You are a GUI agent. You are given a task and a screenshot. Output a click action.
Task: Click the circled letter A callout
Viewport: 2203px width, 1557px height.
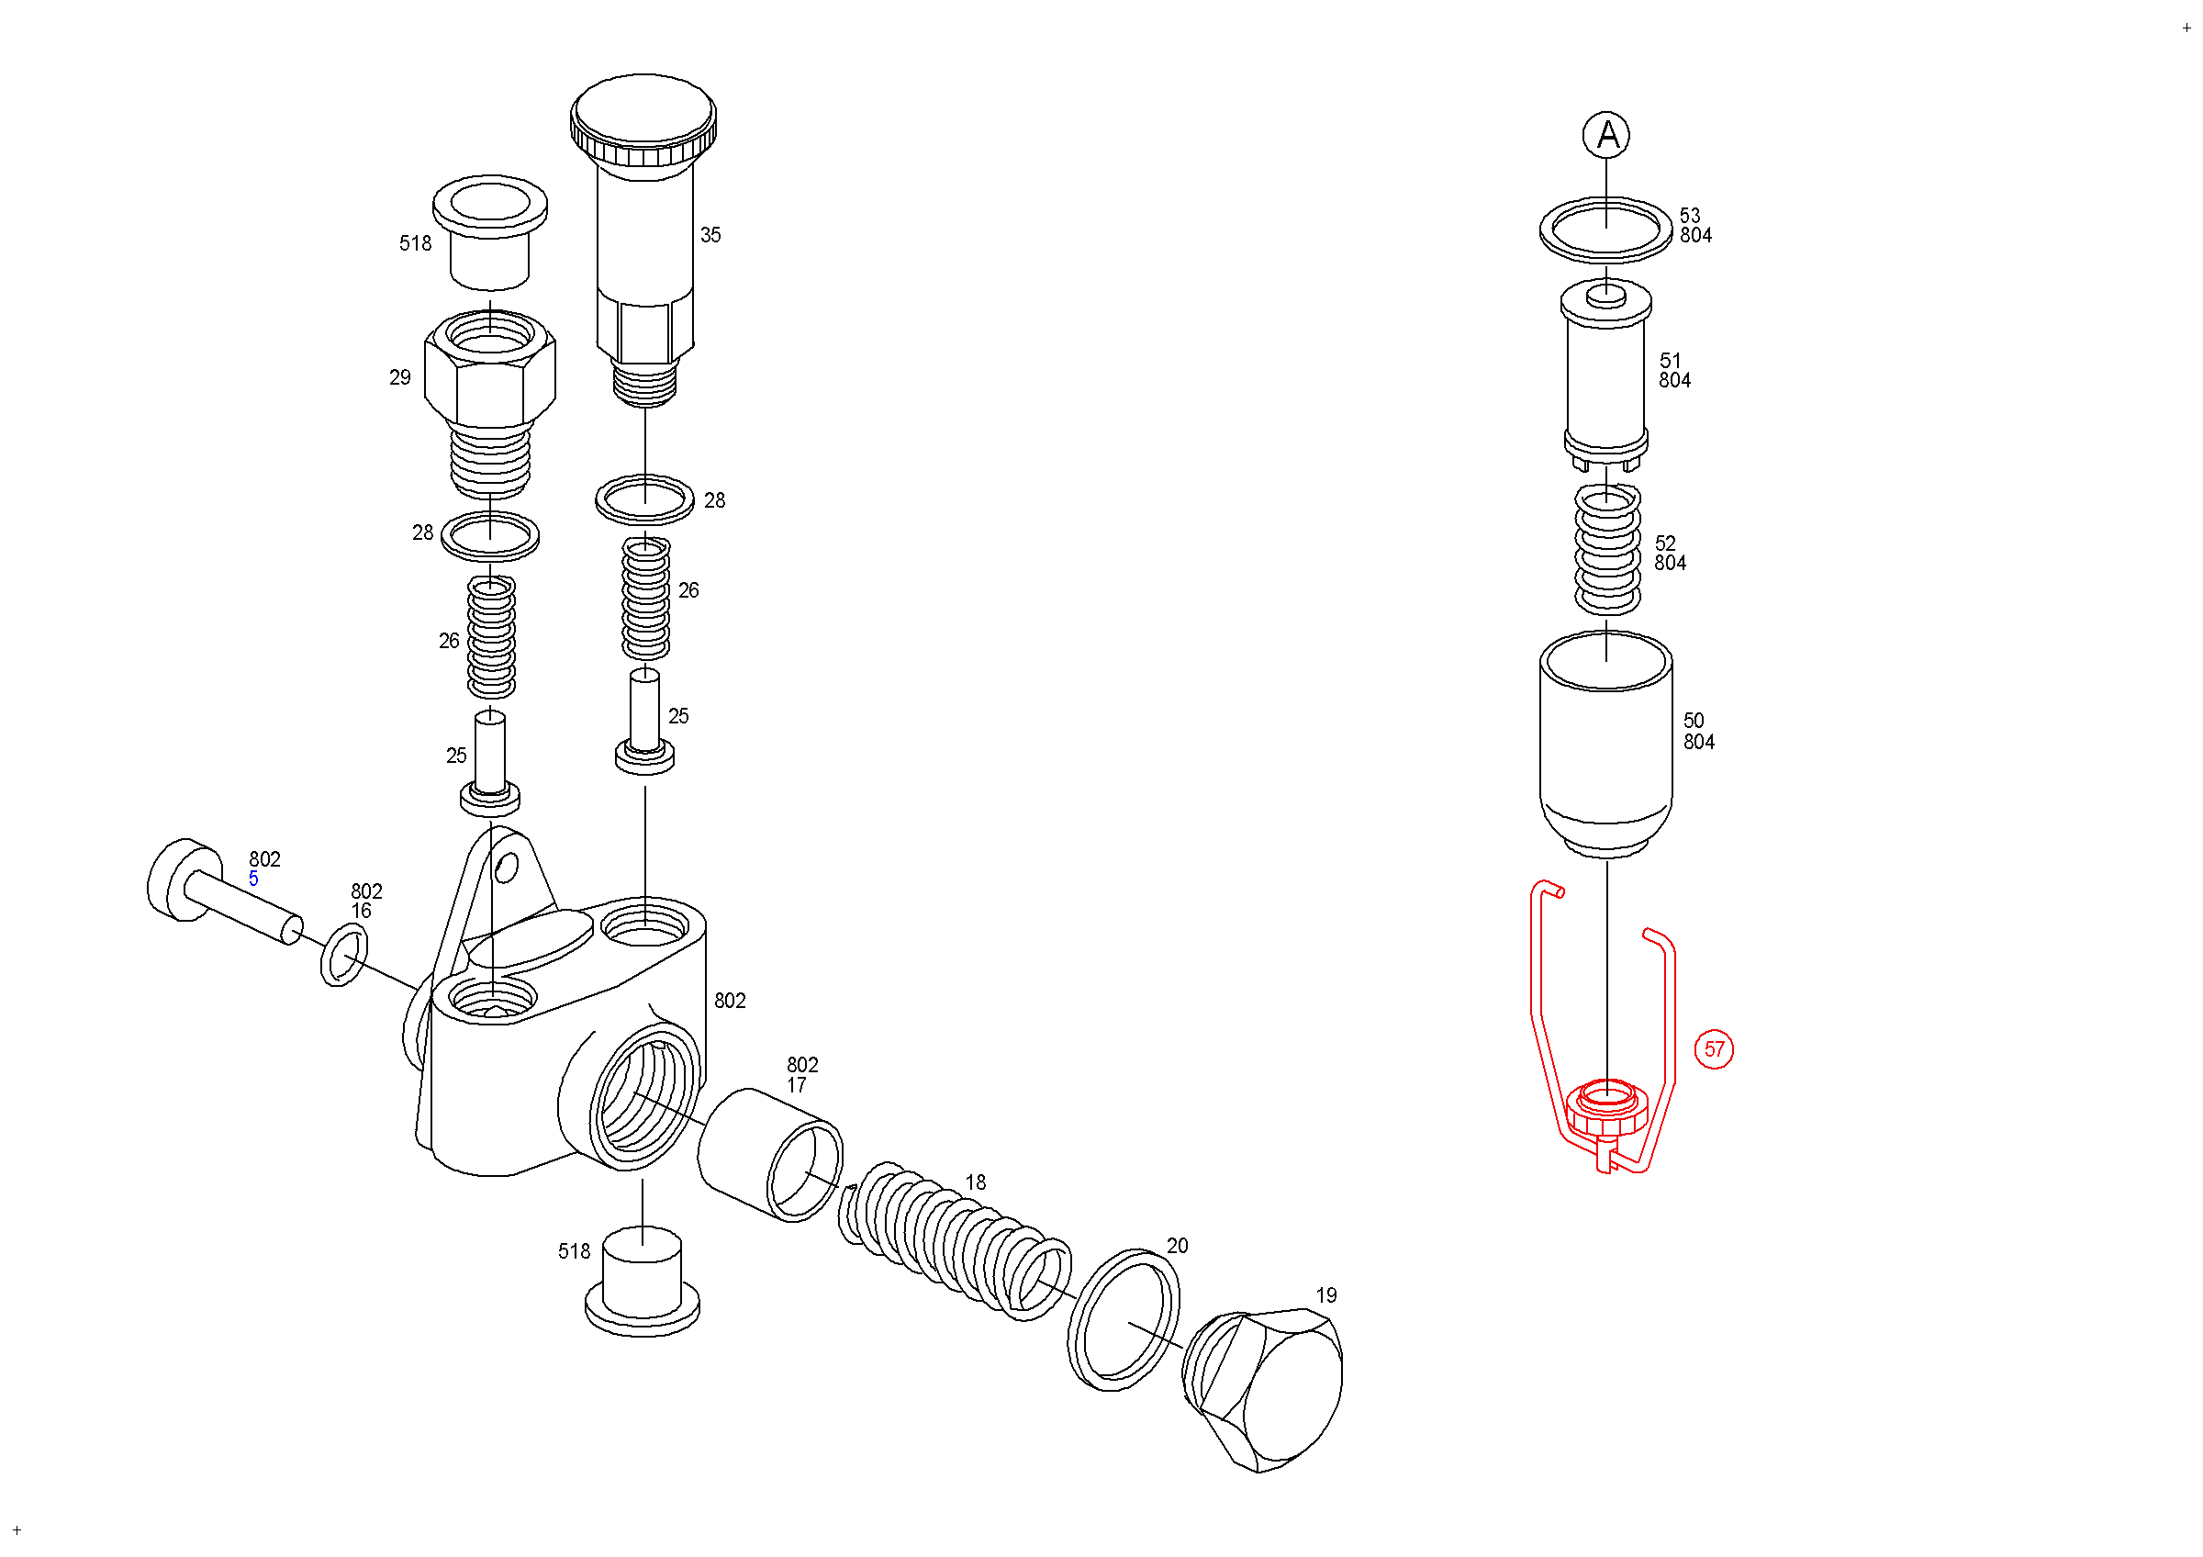click(1606, 135)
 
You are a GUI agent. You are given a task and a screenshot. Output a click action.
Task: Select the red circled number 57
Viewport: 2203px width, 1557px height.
click(1714, 1049)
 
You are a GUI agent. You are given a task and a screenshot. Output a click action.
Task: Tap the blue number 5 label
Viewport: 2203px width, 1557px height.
click(253, 879)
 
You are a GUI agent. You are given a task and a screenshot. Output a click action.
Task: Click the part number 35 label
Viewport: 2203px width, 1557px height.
click(710, 235)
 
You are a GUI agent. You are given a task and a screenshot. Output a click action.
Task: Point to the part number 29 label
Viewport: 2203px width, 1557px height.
click(400, 378)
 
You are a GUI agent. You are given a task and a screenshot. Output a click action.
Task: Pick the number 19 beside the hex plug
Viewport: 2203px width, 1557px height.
click(1326, 1296)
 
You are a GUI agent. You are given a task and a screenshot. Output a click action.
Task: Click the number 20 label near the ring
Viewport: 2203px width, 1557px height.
click(1178, 1246)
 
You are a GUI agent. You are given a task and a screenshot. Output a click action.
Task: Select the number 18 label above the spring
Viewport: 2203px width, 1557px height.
click(976, 1182)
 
